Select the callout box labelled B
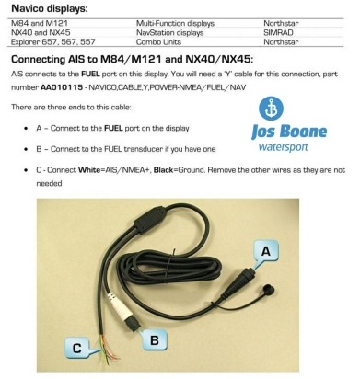coord(155,339)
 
